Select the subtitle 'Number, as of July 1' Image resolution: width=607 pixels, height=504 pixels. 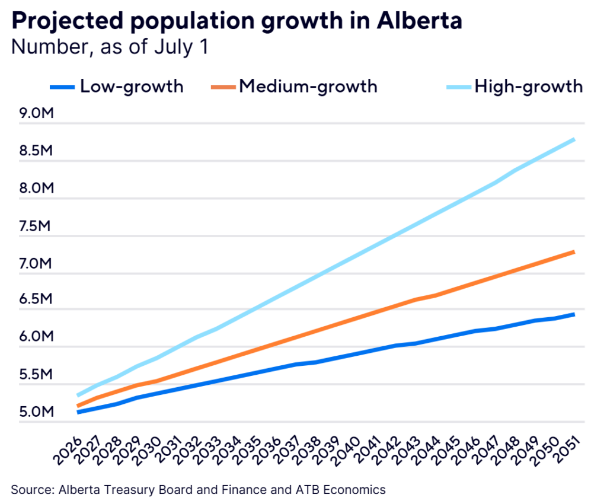pyautogui.click(x=110, y=47)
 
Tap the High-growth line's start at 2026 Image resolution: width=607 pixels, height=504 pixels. pyautogui.click(x=79, y=395)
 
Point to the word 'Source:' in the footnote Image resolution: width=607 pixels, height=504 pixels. pyautogui.click(x=30, y=490)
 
